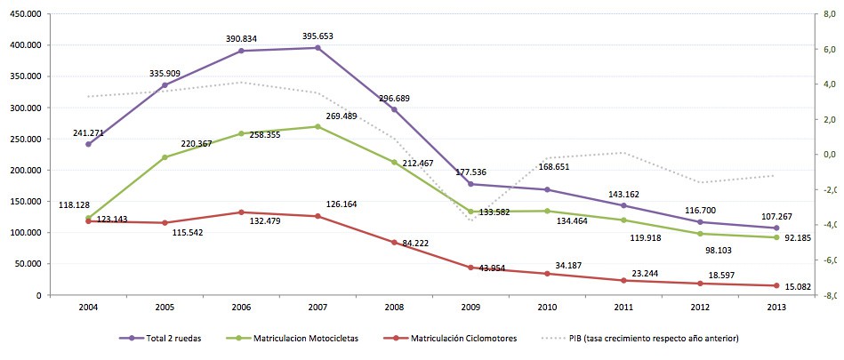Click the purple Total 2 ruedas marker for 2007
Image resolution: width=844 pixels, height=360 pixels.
[x=318, y=48]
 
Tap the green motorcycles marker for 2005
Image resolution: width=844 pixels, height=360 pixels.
[x=165, y=157]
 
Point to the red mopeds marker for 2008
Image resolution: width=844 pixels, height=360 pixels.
[x=394, y=242]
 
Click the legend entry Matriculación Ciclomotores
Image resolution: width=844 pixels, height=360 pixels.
[x=460, y=339]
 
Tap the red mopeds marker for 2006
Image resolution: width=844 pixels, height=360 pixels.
[x=241, y=212]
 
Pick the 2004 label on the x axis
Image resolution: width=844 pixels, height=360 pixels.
[x=88, y=308]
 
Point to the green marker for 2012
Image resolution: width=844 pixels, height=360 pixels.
[x=700, y=234]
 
